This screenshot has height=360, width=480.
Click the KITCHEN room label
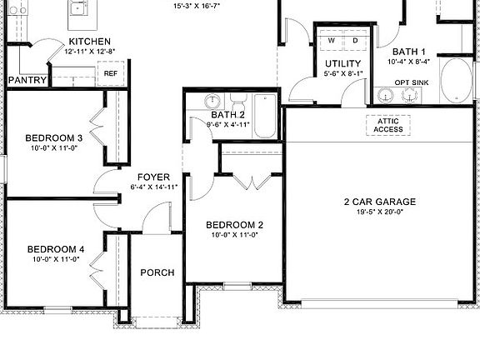(x=90, y=42)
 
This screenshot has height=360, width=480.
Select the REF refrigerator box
(x=111, y=74)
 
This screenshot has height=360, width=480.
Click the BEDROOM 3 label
(x=53, y=137)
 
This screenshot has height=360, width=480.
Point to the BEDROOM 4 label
(x=55, y=248)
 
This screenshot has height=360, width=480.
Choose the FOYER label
(x=154, y=177)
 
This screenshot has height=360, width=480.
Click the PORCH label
(x=157, y=272)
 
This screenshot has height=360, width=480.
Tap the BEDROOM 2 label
(x=235, y=225)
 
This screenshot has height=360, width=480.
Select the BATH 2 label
(x=227, y=115)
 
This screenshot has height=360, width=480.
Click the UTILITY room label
(x=342, y=63)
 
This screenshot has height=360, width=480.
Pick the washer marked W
(x=332, y=40)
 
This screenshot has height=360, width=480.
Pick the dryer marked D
(x=354, y=40)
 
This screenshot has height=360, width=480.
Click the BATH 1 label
(x=409, y=51)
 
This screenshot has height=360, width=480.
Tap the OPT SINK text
(x=412, y=82)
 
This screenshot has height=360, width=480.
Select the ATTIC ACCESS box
(x=388, y=124)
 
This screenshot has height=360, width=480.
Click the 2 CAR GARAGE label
(x=379, y=202)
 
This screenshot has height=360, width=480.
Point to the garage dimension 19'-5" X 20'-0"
(x=379, y=212)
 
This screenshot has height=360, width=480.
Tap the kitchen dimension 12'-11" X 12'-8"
(x=90, y=52)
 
